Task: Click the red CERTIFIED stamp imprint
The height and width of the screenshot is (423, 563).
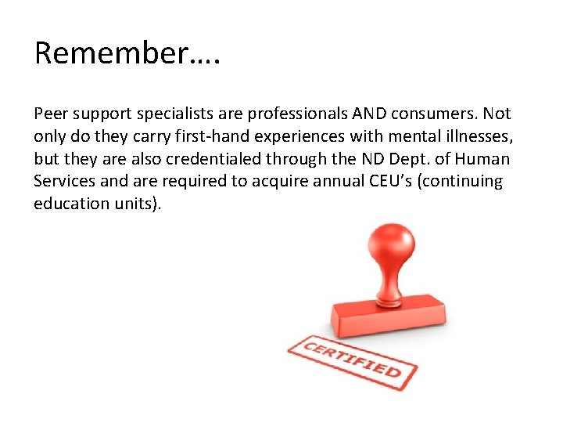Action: [352, 360]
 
